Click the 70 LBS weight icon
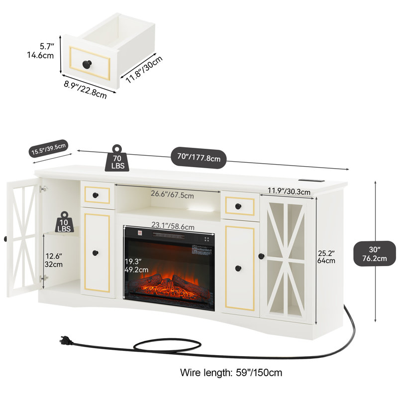117,158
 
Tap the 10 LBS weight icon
64,222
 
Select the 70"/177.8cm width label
199,158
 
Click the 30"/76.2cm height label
375,254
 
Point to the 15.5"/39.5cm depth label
48,149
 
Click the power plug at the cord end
66,341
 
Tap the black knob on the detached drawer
87,64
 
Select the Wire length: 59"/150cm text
231,373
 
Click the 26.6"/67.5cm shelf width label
172,194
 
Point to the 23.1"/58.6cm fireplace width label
173,226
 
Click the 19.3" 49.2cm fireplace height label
136,266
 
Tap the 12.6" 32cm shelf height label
54,260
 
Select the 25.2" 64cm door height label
326,257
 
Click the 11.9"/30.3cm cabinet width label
289,191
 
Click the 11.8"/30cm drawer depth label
144,70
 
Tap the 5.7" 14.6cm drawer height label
41,51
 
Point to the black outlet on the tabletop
311,181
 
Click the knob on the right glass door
261,256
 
